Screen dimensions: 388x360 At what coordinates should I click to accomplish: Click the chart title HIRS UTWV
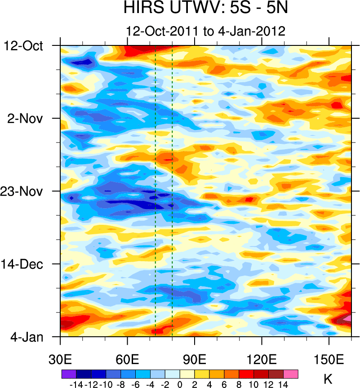[205, 9]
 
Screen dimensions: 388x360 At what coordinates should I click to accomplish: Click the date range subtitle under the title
[206, 31]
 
